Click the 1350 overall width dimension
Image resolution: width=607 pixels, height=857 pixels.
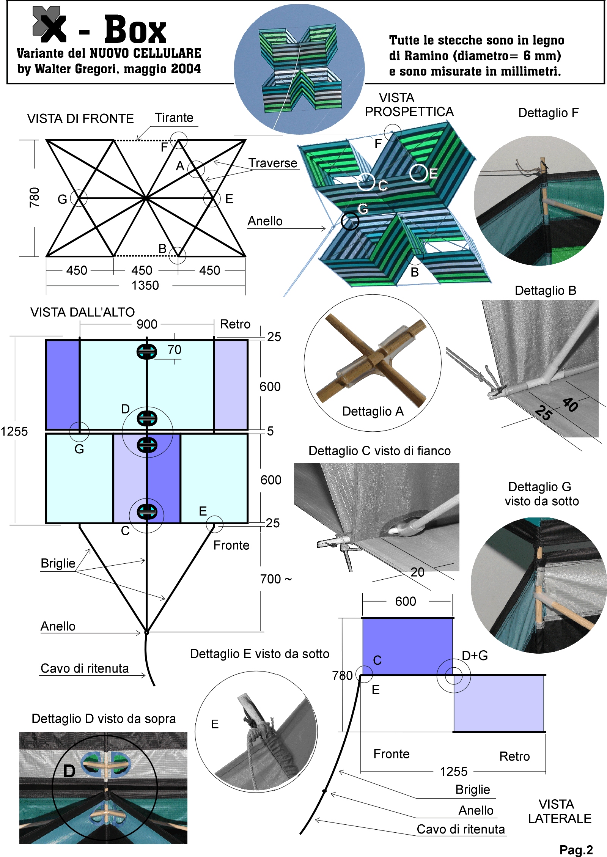(x=145, y=285)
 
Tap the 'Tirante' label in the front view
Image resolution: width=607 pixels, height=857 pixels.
(x=174, y=118)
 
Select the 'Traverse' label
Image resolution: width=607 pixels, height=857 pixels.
(x=273, y=163)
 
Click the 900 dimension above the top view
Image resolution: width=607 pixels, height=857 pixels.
(x=147, y=324)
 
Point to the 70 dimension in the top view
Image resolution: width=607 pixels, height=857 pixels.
(x=174, y=349)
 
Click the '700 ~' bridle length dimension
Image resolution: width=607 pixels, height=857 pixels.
(x=276, y=579)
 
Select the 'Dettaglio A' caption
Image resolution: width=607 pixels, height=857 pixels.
(x=373, y=411)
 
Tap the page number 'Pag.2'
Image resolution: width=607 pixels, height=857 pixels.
(x=576, y=850)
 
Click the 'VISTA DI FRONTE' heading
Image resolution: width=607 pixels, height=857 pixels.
(x=80, y=119)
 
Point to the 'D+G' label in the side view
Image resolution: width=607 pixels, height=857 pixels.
(x=475, y=656)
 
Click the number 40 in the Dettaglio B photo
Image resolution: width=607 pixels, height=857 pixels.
(x=570, y=405)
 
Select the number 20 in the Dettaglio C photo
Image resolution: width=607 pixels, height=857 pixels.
(x=417, y=572)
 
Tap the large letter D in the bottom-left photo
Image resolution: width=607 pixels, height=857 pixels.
(x=69, y=771)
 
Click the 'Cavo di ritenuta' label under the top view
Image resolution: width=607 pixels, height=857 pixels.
(x=85, y=668)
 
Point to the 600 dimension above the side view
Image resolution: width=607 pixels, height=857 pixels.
(x=406, y=601)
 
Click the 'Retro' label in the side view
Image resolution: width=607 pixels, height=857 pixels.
(x=514, y=756)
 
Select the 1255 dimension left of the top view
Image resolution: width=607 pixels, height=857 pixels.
(x=14, y=431)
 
